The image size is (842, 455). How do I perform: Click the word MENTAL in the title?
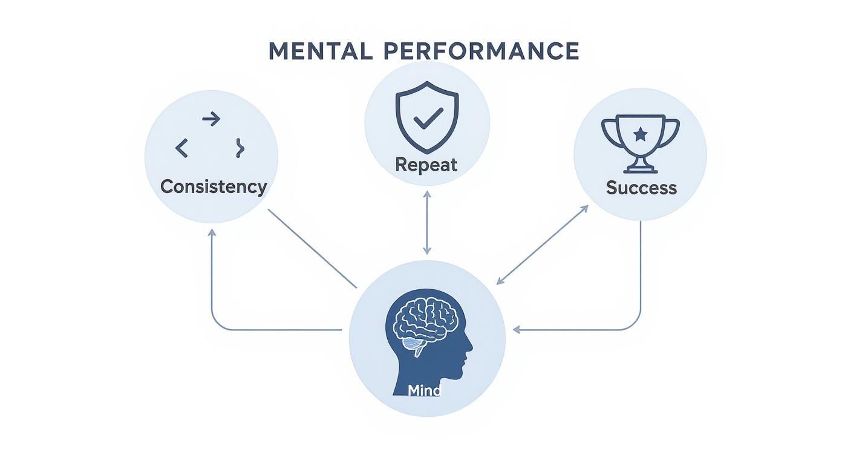point(320,51)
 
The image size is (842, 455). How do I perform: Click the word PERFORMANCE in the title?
point(481,51)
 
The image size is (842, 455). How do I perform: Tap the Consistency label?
point(214,186)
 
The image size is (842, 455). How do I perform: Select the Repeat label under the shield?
point(426,165)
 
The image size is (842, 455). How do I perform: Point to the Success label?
point(641,188)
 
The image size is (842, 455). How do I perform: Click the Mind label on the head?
point(425,390)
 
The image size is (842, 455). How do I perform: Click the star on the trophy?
point(641,134)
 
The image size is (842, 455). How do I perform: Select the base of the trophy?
point(641,169)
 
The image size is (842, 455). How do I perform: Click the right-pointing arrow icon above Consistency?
point(211,119)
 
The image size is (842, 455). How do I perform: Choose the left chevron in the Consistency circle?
point(181,148)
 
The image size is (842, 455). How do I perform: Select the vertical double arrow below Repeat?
point(427,222)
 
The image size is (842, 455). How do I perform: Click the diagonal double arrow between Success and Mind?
point(542,244)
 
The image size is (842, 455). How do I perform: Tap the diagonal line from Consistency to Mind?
point(312,249)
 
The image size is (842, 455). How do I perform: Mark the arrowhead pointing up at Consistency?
point(212,233)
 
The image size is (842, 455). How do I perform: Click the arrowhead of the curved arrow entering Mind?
point(516,330)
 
